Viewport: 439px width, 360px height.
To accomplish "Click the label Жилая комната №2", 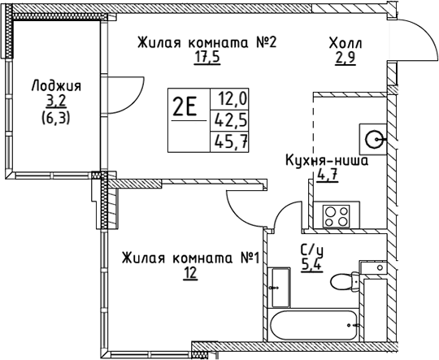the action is point(207,43).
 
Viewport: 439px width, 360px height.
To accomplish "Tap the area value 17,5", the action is point(207,58).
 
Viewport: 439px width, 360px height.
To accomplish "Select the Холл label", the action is point(346,44).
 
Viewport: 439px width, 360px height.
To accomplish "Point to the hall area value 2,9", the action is point(346,59).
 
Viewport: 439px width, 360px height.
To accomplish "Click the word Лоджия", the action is point(57,86).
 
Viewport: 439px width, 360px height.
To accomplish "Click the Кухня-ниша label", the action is point(327,161).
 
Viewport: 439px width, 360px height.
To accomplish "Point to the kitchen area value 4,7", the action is point(328,176).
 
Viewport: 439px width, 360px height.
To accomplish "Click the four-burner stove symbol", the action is point(337,215).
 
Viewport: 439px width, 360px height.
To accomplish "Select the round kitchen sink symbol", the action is point(373,139).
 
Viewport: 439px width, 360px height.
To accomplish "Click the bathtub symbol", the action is point(313,325).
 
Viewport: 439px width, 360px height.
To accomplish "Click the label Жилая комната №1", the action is point(191,258).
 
